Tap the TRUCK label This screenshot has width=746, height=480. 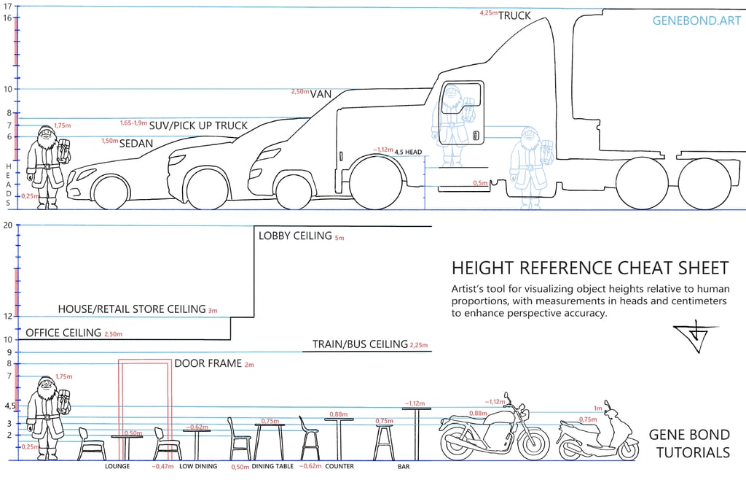pos(514,15)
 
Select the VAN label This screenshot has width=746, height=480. pos(321,93)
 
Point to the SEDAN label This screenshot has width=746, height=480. pos(137,143)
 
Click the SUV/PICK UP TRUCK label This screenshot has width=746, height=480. pos(198,125)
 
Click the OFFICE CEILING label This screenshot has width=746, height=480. pos(63,333)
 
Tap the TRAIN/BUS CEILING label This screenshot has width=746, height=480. pos(360,344)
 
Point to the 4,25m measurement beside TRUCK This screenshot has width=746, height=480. pos(488,13)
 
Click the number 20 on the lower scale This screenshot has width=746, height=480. pos(8,225)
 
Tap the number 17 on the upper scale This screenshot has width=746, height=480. pos(8,6)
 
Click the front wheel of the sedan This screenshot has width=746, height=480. pos(111,192)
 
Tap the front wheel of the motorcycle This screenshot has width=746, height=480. pos(534,441)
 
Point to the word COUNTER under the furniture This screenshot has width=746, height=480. pos(339,466)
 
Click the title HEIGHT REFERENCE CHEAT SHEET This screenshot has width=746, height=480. pos(589,268)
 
